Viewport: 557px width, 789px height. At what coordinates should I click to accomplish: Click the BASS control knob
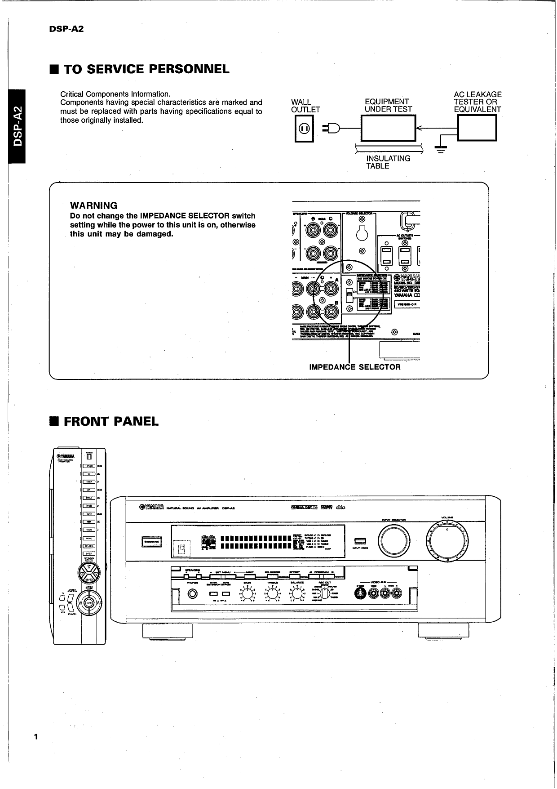pyautogui.click(x=248, y=594)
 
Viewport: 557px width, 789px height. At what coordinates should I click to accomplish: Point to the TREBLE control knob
pyautogui.click(x=273, y=594)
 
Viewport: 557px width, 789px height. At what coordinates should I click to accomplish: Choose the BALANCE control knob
pyautogui.click(x=297, y=594)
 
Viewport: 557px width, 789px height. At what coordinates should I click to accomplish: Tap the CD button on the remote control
pyautogui.click(x=89, y=474)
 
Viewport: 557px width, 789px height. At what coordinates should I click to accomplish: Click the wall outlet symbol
pyautogui.click(x=304, y=129)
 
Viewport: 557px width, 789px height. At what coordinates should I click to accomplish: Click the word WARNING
pyautogui.click(x=93, y=206)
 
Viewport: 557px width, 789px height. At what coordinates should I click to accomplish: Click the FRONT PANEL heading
pyautogui.click(x=111, y=422)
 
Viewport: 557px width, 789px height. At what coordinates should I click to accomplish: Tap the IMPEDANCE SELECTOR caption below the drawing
pyautogui.click(x=355, y=367)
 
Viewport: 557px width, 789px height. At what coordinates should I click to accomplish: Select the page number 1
pyautogui.click(x=36, y=736)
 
